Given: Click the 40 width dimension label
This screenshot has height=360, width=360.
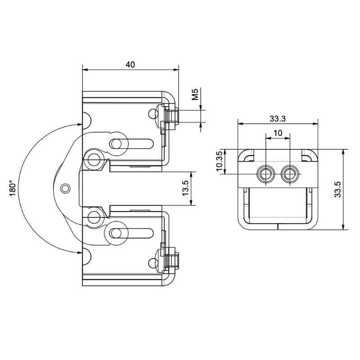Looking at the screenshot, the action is coord(130,64).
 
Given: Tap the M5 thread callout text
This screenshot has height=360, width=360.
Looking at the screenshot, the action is coord(195,94).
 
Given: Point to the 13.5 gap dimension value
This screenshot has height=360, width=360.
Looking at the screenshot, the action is coord(185,188).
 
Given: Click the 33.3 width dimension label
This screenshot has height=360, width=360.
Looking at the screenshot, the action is coord(277,119).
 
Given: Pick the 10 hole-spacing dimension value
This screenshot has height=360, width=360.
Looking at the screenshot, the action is coord(278,133).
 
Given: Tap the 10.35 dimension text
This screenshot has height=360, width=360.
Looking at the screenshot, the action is coord(219,162).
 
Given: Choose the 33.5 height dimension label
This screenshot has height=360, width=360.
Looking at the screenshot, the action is coord(337,189).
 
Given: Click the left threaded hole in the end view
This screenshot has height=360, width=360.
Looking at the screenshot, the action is coord(266,174).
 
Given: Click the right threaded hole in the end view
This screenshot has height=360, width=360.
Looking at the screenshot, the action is coord(290,174).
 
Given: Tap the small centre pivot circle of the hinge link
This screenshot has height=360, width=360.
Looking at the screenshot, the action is coord(65,189).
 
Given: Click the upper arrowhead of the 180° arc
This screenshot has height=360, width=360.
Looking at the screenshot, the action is coord(80,125).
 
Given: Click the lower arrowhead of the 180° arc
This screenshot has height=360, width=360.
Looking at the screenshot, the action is coord(80,252).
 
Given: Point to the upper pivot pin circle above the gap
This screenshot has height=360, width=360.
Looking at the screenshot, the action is coord(94,160).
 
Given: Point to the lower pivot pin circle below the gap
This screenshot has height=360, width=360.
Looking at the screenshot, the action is coord(94,217).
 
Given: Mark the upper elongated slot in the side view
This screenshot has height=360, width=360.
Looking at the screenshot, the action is coord(131,144).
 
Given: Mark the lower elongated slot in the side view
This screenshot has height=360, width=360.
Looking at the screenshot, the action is coord(131,233).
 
